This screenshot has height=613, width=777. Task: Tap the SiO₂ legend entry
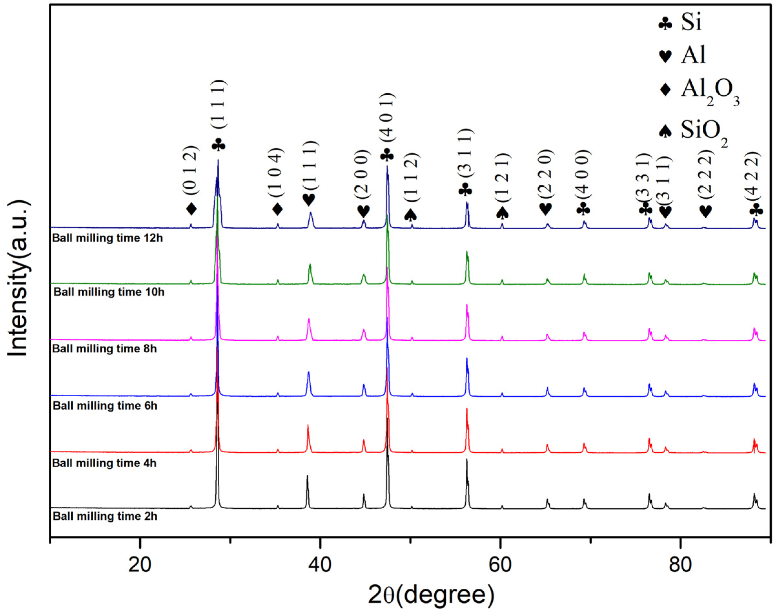coord(693,132)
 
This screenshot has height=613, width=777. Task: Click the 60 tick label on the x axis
coord(500,565)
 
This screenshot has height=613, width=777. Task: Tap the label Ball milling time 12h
coord(107,238)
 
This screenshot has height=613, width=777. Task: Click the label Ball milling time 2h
coord(105,516)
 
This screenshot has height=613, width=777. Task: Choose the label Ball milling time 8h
coord(104,348)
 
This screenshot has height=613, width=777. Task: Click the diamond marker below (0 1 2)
coord(191,209)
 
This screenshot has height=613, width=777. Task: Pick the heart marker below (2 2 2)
coord(706,211)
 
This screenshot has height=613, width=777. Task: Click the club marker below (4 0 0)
coord(583,209)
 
